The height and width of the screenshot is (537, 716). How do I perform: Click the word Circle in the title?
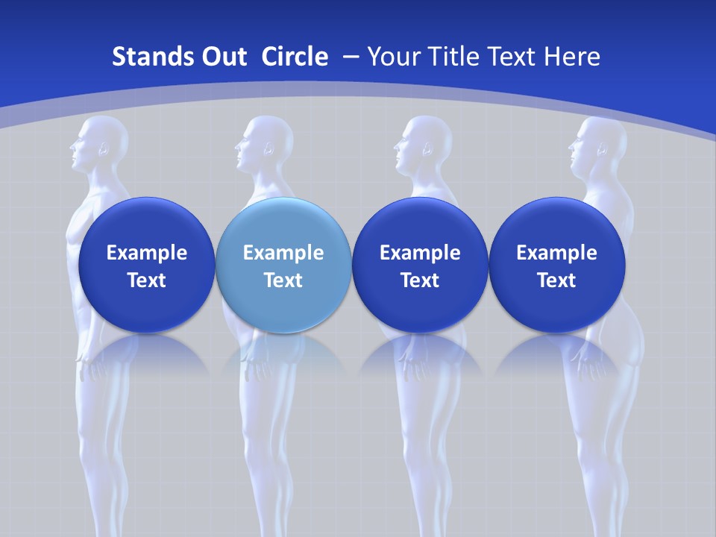[x=295, y=57]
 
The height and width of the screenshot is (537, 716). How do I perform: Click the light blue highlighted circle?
[x=283, y=265]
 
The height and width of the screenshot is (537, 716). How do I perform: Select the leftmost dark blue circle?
[x=146, y=265]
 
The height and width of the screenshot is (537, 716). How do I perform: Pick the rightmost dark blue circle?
[x=556, y=265]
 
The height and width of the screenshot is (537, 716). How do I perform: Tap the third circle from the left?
[x=420, y=265]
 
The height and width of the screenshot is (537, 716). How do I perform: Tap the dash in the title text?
[x=350, y=57]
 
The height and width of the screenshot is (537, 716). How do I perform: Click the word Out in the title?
[x=223, y=57]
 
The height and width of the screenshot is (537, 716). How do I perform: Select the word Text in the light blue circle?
[x=283, y=280]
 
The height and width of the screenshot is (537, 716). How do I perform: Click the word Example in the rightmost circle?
[x=556, y=253]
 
